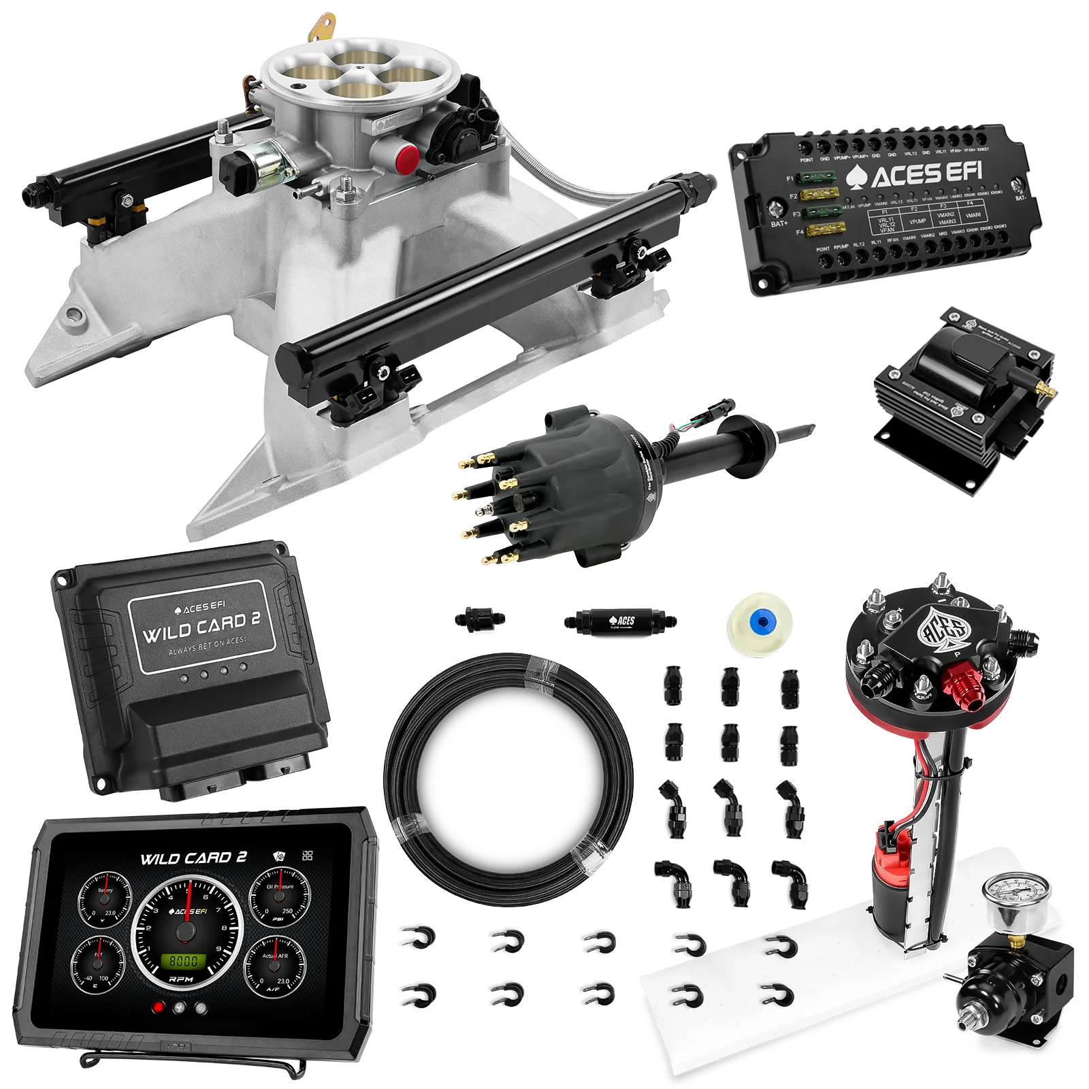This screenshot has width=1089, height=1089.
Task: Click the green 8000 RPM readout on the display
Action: (x=183, y=961)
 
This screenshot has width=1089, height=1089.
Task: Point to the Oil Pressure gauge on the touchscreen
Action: (x=280, y=897)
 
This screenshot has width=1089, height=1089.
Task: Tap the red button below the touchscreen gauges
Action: (x=159, y=1009)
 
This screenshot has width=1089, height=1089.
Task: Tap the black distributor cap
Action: (x=544, y=490)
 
